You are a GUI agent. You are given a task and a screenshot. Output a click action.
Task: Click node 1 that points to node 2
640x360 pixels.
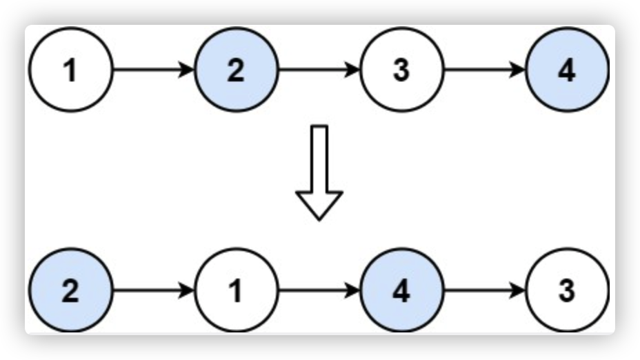70,70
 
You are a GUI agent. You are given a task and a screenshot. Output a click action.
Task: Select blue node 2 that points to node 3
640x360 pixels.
236,70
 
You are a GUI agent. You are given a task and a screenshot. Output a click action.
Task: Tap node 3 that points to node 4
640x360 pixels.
401,70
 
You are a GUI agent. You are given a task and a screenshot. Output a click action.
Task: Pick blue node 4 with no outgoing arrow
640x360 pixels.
567,70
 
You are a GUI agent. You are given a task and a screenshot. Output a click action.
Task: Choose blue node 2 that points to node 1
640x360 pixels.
70,290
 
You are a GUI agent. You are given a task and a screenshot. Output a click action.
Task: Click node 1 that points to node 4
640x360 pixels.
236,290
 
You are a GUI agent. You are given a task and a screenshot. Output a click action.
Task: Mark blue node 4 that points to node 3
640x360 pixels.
401,290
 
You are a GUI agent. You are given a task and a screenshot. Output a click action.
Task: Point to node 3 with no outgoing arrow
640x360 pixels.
567,290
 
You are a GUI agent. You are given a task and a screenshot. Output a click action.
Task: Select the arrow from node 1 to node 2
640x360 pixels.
152,70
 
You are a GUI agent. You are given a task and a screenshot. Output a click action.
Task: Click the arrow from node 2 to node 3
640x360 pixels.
318,70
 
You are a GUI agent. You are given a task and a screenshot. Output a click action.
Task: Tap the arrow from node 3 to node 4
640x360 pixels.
483,70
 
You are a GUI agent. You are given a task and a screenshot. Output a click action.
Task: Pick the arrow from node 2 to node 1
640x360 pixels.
152,290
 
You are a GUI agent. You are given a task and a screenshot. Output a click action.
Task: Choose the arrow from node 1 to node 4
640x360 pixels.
318,290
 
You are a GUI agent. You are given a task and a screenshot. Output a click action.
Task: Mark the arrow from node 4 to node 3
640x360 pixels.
483,290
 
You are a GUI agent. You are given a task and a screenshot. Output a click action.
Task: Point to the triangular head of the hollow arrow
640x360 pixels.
319,204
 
